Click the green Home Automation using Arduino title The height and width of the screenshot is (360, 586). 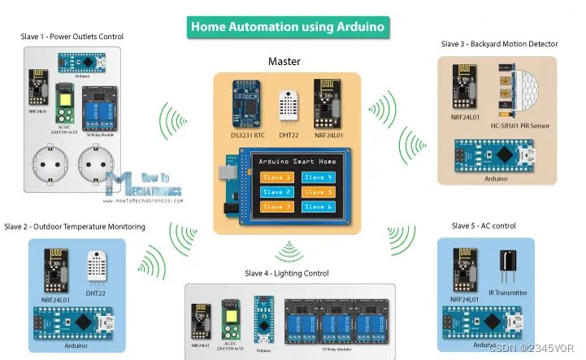pos(286,27)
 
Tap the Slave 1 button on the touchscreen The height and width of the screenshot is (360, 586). pos(276,177)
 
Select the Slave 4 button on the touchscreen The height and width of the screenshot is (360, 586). pos(317,177)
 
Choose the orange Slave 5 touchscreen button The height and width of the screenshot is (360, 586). pos(317,192)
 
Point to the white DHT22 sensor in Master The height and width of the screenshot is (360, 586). pos(288,105)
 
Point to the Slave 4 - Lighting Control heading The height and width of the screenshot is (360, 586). pos(289,273)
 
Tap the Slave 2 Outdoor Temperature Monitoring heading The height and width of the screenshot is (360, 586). pos(75,226)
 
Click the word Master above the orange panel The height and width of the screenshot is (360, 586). pos(285,61)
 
